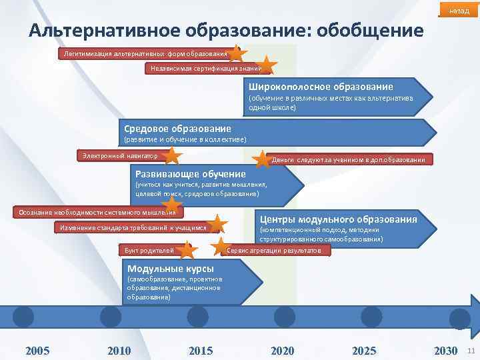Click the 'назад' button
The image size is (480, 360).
[459, 11]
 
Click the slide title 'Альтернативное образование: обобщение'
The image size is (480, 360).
[226, 31]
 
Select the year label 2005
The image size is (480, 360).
[37, 351]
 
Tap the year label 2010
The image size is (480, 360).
[119, 351]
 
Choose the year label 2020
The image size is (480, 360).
[283, 351]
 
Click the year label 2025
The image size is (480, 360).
[364, 351]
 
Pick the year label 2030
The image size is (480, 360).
[445, 351]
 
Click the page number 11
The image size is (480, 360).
[471, 351]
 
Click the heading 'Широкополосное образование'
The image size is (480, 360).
[321, 87]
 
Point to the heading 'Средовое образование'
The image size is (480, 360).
[177, 128]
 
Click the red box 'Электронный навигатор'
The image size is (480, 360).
[120, 156]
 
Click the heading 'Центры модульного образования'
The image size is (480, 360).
[338, 219]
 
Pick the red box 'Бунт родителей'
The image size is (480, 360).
[150, 251]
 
